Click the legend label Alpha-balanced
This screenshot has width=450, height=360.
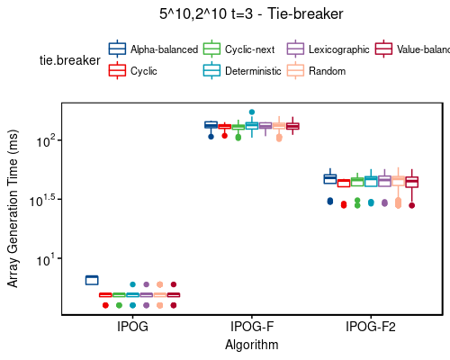click(164, 49)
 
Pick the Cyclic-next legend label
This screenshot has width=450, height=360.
click(253, 49)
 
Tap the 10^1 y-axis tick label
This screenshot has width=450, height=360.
click(46, 259)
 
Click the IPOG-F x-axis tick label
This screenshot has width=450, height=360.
click(252, 327)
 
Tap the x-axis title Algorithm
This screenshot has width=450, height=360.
click(252, 345)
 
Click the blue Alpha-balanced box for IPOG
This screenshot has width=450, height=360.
click(92, 280)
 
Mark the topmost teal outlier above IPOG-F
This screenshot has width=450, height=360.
click(252, 112)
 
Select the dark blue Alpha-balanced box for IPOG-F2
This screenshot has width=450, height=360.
click(329, 178)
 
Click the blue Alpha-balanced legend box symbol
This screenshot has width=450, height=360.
click(117, 49)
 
